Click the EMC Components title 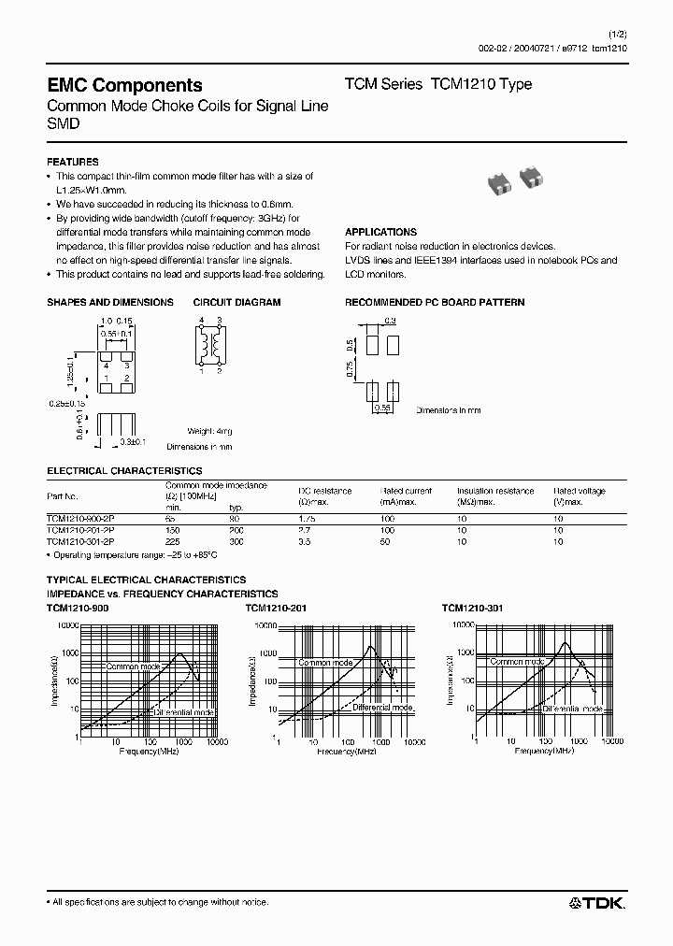point(124,85)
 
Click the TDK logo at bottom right point(597,902)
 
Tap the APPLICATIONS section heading point(380,232)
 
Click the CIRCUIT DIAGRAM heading point(236,302)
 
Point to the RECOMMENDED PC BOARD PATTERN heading point(435,302)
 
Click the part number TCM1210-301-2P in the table point(80,541)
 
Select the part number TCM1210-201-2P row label point(80,529)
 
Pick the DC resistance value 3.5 point(306,541)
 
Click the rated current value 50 point(386,541)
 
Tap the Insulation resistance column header point(494,491)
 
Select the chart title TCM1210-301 point(473,608)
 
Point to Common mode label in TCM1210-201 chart point(325,662)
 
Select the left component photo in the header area point(500,180)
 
